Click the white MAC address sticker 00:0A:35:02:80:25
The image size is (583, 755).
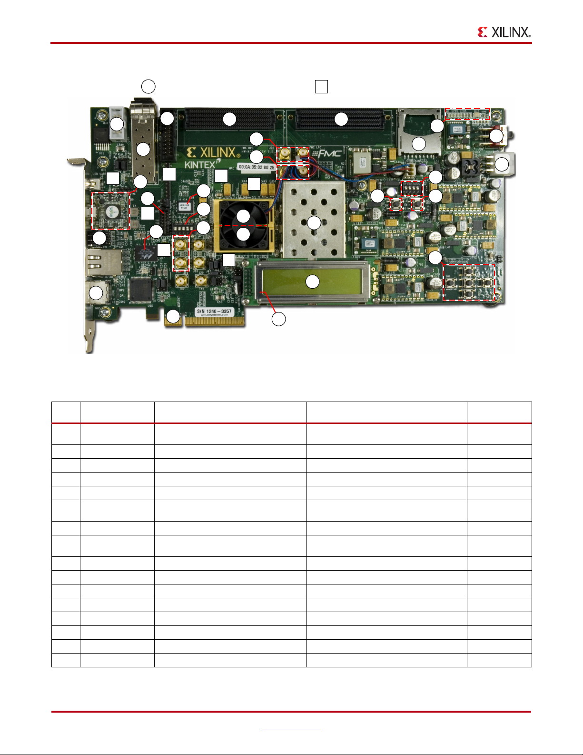[x=256, y=168]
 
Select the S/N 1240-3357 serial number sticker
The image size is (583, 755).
[x=214, y=312]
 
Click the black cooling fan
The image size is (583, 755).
[x=243, y=224]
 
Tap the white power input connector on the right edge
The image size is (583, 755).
[x=503, y=164]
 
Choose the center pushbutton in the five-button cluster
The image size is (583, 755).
[x=469, y=282]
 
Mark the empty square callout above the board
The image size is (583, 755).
[x=321, y=87]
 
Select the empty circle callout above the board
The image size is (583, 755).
[x=148, y=86]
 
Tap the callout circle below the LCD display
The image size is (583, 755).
[x=278, y=319]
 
